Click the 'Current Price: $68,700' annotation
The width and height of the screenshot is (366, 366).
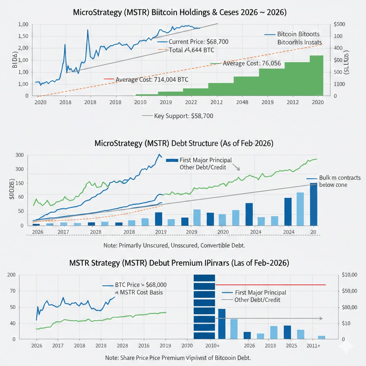(198, 42)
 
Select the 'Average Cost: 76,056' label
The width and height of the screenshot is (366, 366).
(252, 64)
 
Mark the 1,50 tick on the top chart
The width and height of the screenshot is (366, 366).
(23, 36)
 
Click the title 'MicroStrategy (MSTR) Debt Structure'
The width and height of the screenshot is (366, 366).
(183, 143)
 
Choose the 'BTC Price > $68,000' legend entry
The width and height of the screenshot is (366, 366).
(141, 285)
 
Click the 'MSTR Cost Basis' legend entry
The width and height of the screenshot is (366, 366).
(141, 292)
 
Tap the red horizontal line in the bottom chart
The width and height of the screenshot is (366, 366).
(271, 285)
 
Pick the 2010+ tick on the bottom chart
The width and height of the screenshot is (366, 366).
(212, 346)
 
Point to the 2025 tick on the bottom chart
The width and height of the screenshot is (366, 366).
(291, 346)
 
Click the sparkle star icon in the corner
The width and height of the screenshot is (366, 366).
(347, 346)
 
